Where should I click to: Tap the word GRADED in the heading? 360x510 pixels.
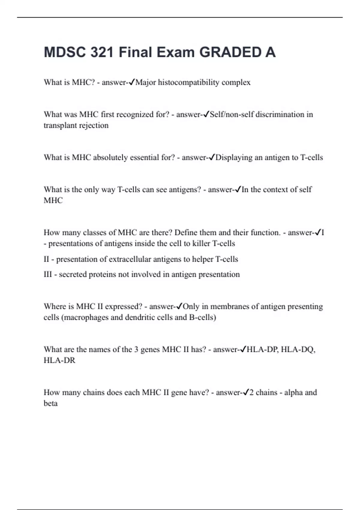point(230,52)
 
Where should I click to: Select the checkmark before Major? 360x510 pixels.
point(132,82)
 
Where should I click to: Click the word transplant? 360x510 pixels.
point(58,125)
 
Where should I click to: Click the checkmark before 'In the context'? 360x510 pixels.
point(238,189)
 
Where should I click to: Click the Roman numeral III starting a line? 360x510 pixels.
point(48,274)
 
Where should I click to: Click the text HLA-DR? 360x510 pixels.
point(59,360)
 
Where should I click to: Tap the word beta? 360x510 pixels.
point(50,403)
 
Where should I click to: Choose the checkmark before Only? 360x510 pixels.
point(179,306)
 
